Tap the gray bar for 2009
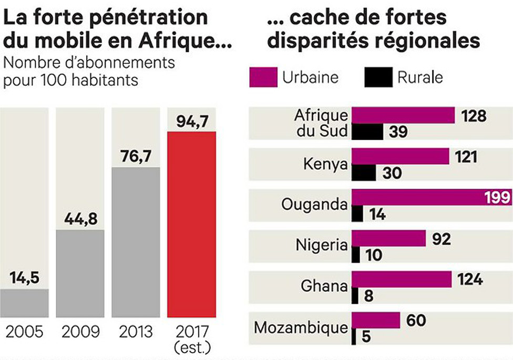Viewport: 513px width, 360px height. [80, 273]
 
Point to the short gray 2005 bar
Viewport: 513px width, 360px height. [24, 303]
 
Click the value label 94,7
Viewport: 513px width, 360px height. [192, 122]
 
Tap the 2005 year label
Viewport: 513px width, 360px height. [24, 332]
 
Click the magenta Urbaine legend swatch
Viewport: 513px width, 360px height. [263, 78]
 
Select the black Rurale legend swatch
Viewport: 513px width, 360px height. [377, 78]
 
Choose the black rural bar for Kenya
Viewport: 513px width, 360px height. [364, 172]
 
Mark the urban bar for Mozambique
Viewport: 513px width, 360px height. [376, 320]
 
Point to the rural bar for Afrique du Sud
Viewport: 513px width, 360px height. [367, 132]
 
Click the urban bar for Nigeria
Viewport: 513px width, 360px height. [388, 239]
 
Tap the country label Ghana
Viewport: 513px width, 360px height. [324, 286]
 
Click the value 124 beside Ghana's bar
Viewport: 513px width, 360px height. [470, 279]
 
